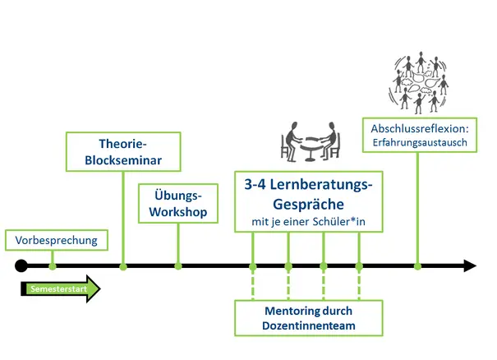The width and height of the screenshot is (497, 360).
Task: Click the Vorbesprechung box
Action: [x=56, y=240]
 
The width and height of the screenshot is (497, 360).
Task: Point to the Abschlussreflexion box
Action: [x=419, y=136]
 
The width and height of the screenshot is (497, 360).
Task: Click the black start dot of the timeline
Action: [x=21, y=265]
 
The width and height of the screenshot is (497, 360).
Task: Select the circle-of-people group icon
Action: [x=418, y=83]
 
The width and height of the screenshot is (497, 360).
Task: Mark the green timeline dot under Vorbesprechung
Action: [x=53, y=265]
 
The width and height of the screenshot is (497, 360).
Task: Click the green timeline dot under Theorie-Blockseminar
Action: [x=123, y=265]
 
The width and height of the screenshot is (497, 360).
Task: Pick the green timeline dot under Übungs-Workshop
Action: [x=178, y=265]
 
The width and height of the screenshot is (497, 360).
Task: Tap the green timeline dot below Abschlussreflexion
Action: [x=418, y=265]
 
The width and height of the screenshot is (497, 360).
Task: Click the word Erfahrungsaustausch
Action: [x=419, y=143]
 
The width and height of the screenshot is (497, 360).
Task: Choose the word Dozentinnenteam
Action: [x=309, y=326]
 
